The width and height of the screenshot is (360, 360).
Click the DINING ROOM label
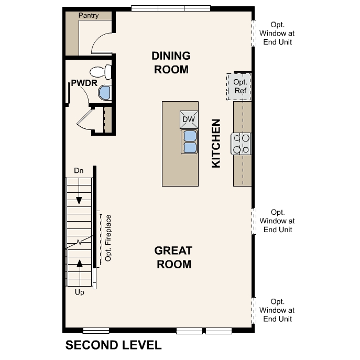170,62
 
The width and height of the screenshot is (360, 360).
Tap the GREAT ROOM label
173,257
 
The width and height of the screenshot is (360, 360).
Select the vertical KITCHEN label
216,144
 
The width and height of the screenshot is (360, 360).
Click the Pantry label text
89,16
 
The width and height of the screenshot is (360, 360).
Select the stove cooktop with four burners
242,144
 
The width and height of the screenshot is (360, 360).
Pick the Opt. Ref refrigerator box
239,86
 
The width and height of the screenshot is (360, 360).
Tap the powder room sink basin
105,93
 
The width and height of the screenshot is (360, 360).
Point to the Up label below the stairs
80,292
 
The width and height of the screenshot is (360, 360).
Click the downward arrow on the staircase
79,200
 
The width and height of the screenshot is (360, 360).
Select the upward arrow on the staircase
80,263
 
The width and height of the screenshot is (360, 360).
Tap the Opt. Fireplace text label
108,238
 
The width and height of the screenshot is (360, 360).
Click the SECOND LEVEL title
113,345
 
